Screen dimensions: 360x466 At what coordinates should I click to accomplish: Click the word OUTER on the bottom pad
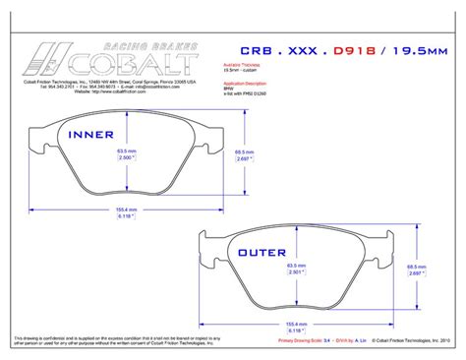[x=262, y=253]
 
